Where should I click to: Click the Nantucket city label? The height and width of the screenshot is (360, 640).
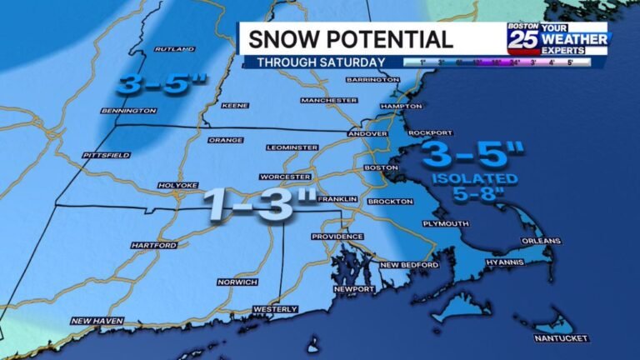pyautogui.click(x=562, y=337)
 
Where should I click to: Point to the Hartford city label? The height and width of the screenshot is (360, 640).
pyautogui.click(x=153, y=245)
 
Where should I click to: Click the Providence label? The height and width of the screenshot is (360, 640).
pyautogui.click(x=337, y=237)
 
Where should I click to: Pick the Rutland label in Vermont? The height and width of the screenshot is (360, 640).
pyautogui.click(x=174, y=49)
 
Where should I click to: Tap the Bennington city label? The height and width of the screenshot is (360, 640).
pyautogui.click(x=128, y=111)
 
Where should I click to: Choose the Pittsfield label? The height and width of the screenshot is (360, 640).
pyautogui.click(x=106, y=155)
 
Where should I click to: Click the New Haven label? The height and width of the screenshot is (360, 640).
pyautogui.click(x=92, y=321)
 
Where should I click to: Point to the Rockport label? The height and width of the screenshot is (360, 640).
pyautogui.click(x=431, y=132)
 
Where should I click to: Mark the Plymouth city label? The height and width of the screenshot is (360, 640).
pyautogui.click(x=445, y=223)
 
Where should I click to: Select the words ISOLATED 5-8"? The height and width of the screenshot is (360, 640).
pyautogui.click(x=475, y=186)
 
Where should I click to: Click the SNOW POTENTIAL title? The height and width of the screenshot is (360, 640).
pyautogui.click(x=351, y=38)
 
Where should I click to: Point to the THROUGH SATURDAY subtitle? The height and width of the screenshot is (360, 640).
pyautogui.click(x=321, y=62)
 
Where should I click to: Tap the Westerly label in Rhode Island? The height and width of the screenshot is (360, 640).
pyautogui.click(x=275, y=309)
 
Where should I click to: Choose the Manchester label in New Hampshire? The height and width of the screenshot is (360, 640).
pyautogui.click(x=328, y=100)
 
